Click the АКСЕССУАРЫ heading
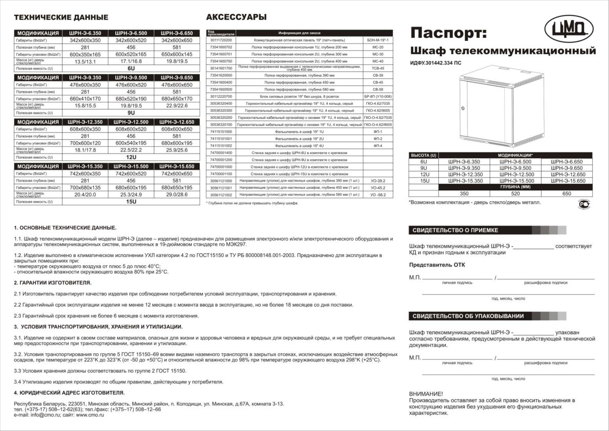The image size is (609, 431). (x=236, y=17)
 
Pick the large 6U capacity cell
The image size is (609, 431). (x=131, y=68)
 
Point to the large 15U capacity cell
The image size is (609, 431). (x=131, y=201)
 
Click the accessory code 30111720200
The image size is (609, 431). (x=221, y=39)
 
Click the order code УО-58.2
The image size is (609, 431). (x=378, y=195)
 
